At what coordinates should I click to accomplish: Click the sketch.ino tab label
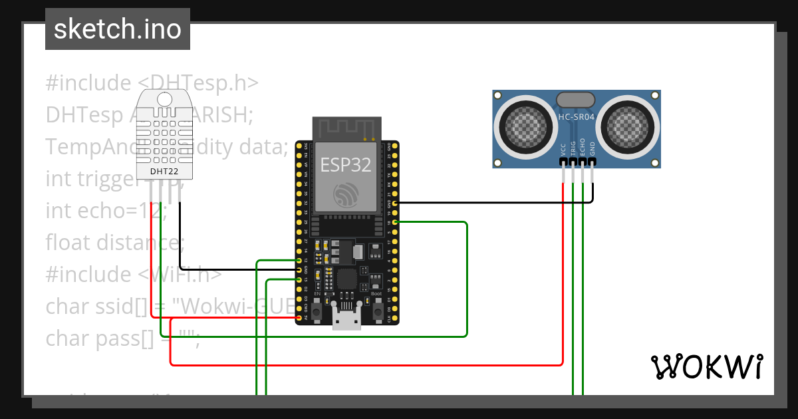coord(117,29)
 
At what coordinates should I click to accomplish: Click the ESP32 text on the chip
coord(346,164)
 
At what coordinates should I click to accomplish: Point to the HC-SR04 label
coord(576,116)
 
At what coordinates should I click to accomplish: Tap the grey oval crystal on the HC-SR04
coord(576,100)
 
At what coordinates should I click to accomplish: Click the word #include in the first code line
coord(88,83)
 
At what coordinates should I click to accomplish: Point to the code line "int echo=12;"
coord(106,211)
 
